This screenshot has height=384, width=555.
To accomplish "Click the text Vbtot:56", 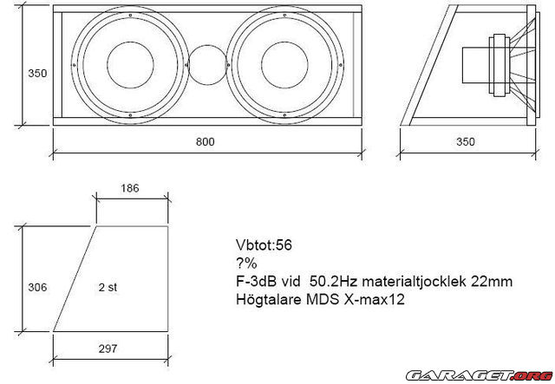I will (264, 245).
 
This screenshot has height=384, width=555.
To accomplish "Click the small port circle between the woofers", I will (206, 66).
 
